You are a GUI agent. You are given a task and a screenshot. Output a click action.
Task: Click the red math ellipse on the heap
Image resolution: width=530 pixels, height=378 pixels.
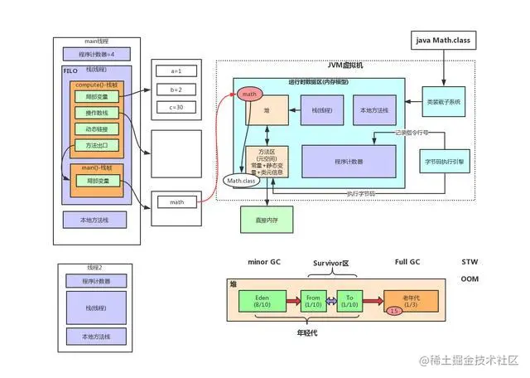248,94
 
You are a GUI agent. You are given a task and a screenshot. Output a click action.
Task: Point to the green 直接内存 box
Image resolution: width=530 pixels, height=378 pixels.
265,218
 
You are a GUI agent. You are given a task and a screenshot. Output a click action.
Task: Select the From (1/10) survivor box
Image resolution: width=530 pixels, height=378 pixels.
313,300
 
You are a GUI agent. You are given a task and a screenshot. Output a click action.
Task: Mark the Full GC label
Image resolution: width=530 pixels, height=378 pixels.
407,262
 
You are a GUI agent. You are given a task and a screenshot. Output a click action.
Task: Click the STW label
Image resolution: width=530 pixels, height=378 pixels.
469,262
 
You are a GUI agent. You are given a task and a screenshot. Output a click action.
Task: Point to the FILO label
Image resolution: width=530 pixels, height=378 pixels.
70,71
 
